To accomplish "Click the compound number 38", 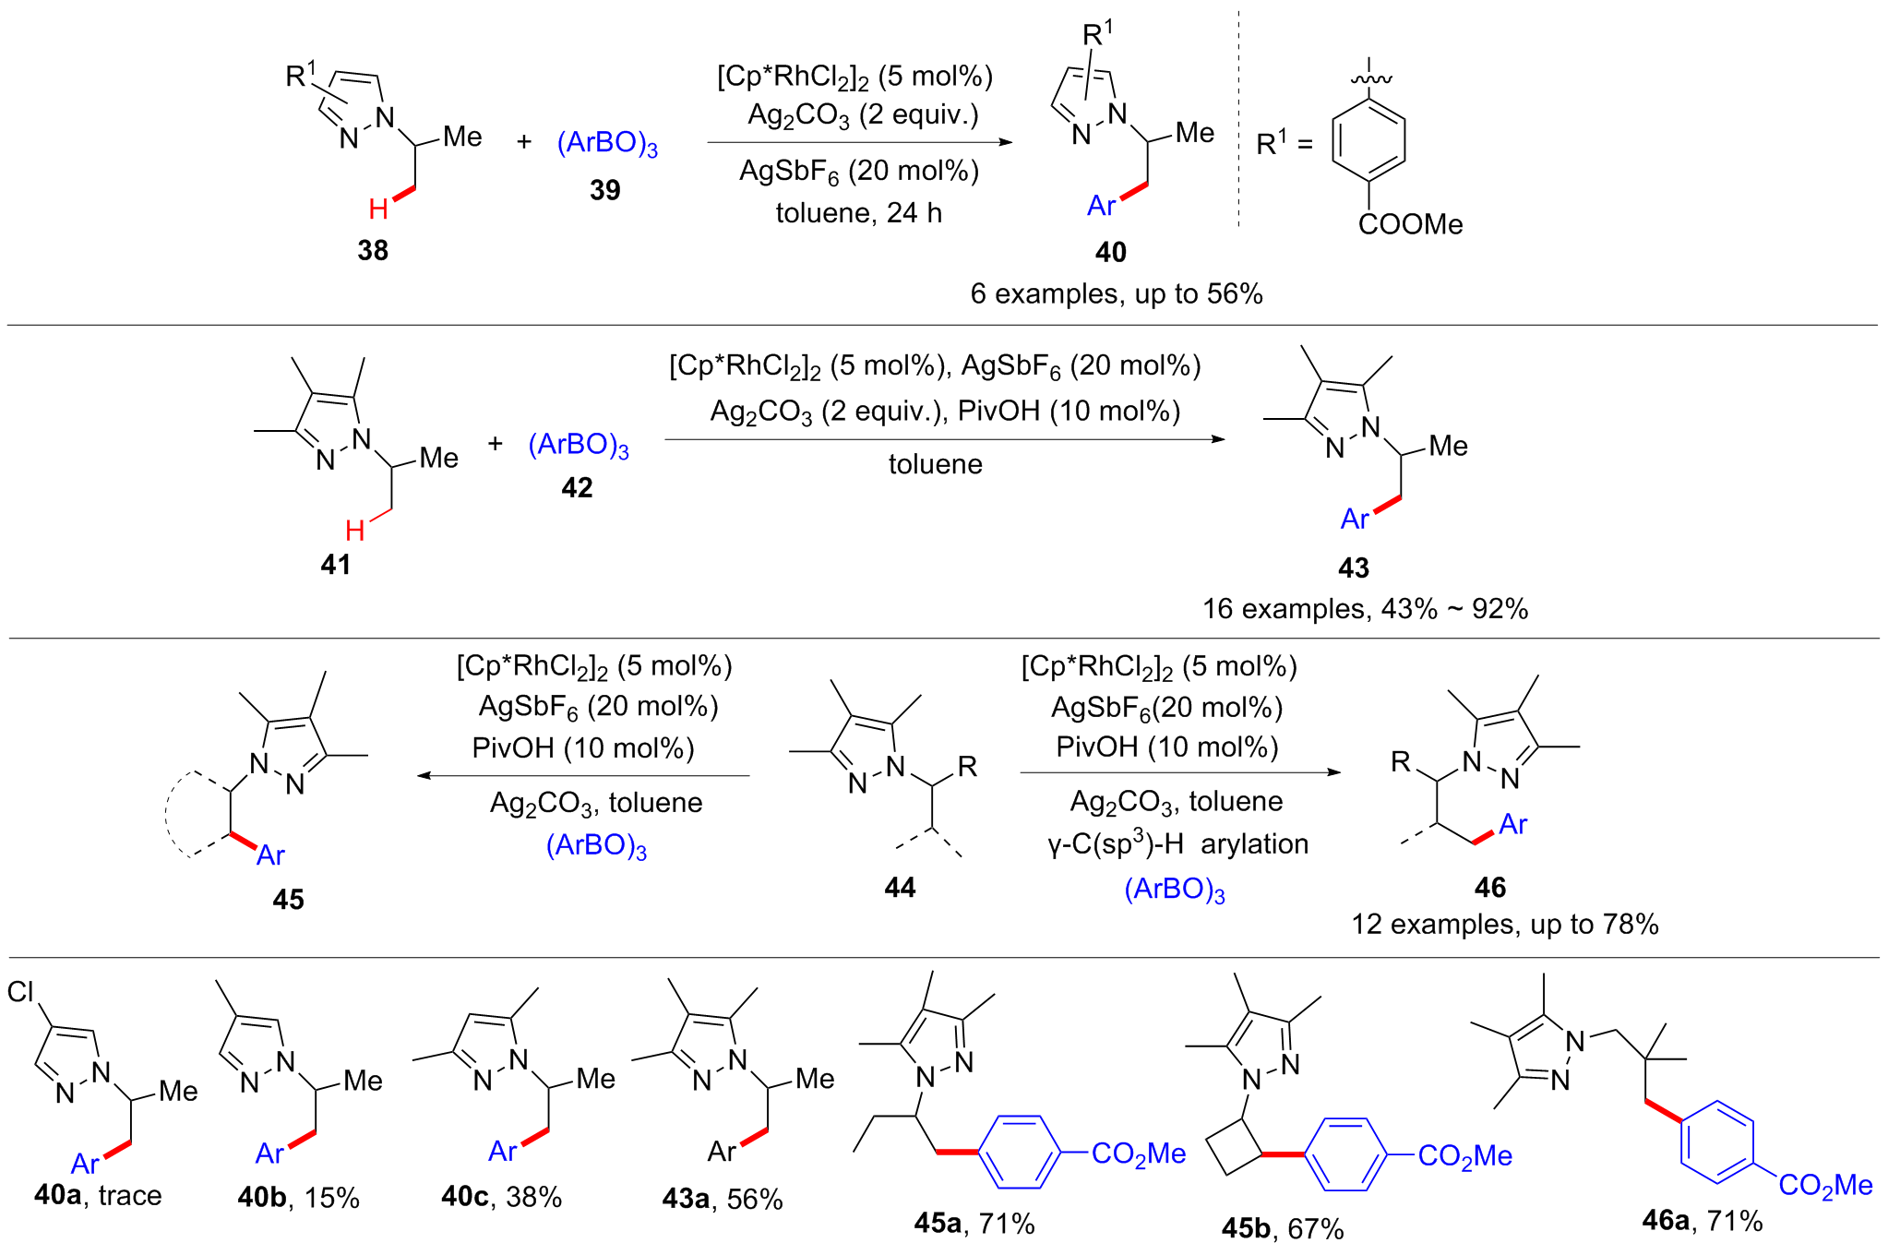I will (373, 250).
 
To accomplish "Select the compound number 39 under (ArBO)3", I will (605, 190).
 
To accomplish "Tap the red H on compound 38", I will (377, 209).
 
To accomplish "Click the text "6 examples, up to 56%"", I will (1116, 293).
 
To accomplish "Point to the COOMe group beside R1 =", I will (1410, 224).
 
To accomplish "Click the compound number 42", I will (577, 487).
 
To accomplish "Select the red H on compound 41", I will (354, 531).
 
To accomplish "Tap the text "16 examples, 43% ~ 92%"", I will (1365, 609).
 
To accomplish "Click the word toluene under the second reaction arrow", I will (935, 464).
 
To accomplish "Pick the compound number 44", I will (900, 888).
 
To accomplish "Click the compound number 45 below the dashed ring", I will (288, 900).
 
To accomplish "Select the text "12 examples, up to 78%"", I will (1504, 925).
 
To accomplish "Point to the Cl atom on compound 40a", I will (20, 992).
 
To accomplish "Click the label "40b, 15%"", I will (298, 1198).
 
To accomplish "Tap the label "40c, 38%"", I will (501, 1197).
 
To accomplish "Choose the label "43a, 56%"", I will (722, 1199).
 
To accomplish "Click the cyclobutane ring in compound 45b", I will (1237, 1149).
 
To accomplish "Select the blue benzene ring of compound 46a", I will (1717, 1141).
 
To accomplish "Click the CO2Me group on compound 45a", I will (1138, 1153).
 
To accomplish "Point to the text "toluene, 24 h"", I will (858, 213).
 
